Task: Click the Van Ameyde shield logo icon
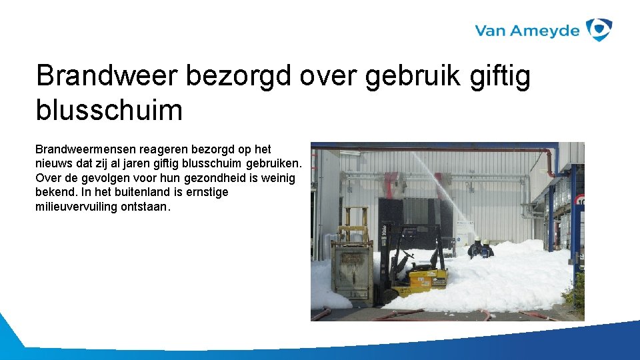[x=599, y=30]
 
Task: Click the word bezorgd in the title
[x=238, y=76]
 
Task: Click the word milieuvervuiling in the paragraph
[x=76, y=207]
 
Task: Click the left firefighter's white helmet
[x=477, y=239]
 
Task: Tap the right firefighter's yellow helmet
[x=487, y=241]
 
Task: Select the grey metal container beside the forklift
[x=353, y=270]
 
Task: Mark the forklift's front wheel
[x=389, y=294]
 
